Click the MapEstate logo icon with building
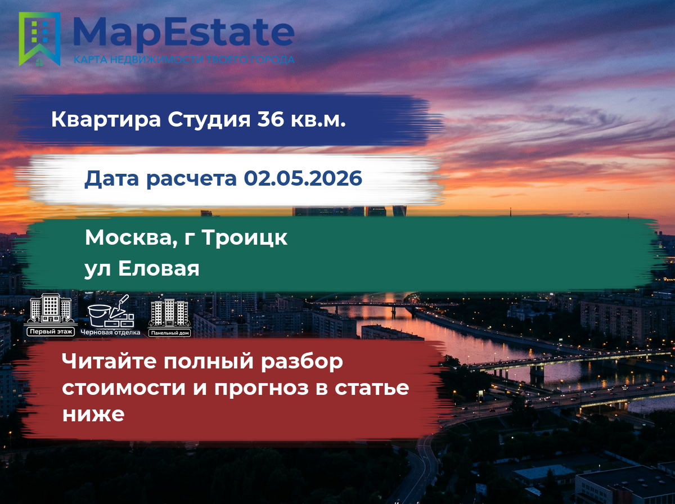point(39,39)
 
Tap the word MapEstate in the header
point(184,33)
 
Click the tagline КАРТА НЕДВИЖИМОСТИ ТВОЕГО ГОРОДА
point(184,60)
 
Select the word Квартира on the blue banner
point(106,120)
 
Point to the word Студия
point(209,120)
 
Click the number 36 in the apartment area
point(271,119)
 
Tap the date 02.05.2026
point(303,178)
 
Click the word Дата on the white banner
point(111,179)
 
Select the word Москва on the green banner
point(131,238)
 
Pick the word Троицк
point(245,238)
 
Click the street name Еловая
point(159,268)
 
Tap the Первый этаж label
point(51,332)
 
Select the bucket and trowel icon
point(111,311)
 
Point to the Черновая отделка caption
point(110,332)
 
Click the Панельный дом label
point(169,333)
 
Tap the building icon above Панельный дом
point(169,312)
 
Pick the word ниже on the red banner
point(93,414)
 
